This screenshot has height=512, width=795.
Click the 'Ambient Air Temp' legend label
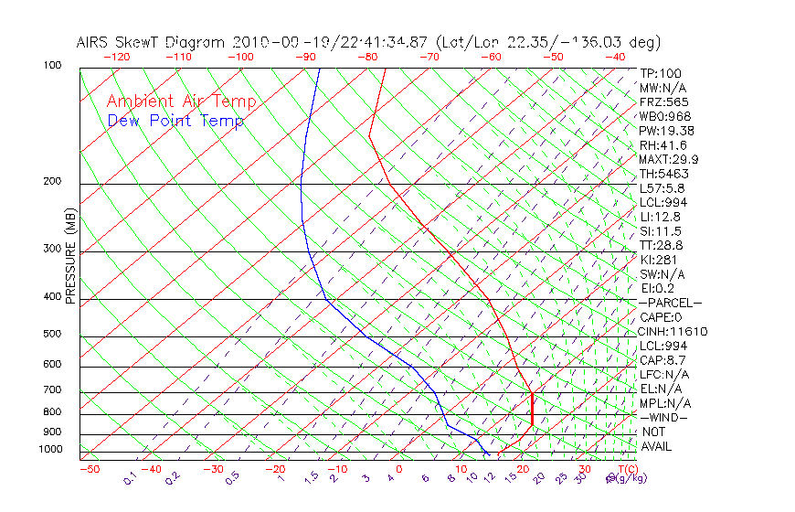tap(181, 101)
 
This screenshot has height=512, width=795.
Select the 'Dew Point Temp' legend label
tap(175, 121)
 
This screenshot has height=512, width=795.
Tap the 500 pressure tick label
tap(53, 334)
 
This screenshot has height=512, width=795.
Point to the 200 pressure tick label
tap(53, 181)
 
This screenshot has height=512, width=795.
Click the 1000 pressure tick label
tap(50, 449)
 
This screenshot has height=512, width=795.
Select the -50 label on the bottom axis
tap(89, 469)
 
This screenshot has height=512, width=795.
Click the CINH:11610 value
tap(673, 332)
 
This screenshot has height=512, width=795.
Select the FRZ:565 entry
tap(664, 101)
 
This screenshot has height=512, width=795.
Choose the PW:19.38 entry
tap(667, 131)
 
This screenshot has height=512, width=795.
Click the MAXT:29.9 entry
tap(670, 159)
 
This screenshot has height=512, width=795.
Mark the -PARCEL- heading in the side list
tap(670, 303)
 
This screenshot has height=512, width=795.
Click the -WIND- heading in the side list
tap(663, 418)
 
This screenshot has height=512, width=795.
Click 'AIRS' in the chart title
tap(95, 42)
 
